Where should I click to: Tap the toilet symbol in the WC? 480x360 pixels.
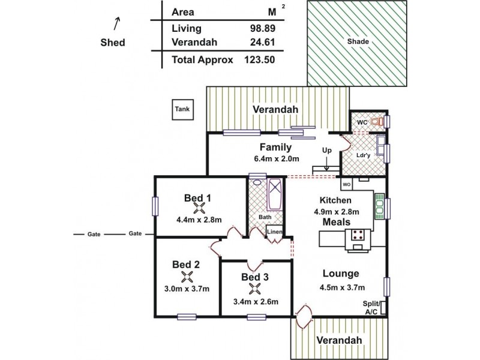[x=376, y=122]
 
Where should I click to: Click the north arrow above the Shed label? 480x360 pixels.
[x=116, y=23]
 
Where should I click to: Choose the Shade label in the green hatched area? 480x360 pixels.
[x=358, y=42]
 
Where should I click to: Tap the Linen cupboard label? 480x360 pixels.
[x=275, y=232]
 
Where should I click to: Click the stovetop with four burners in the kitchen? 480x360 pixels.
[x=359, y=235]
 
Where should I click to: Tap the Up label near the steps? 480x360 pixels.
[x=326, y=150]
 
